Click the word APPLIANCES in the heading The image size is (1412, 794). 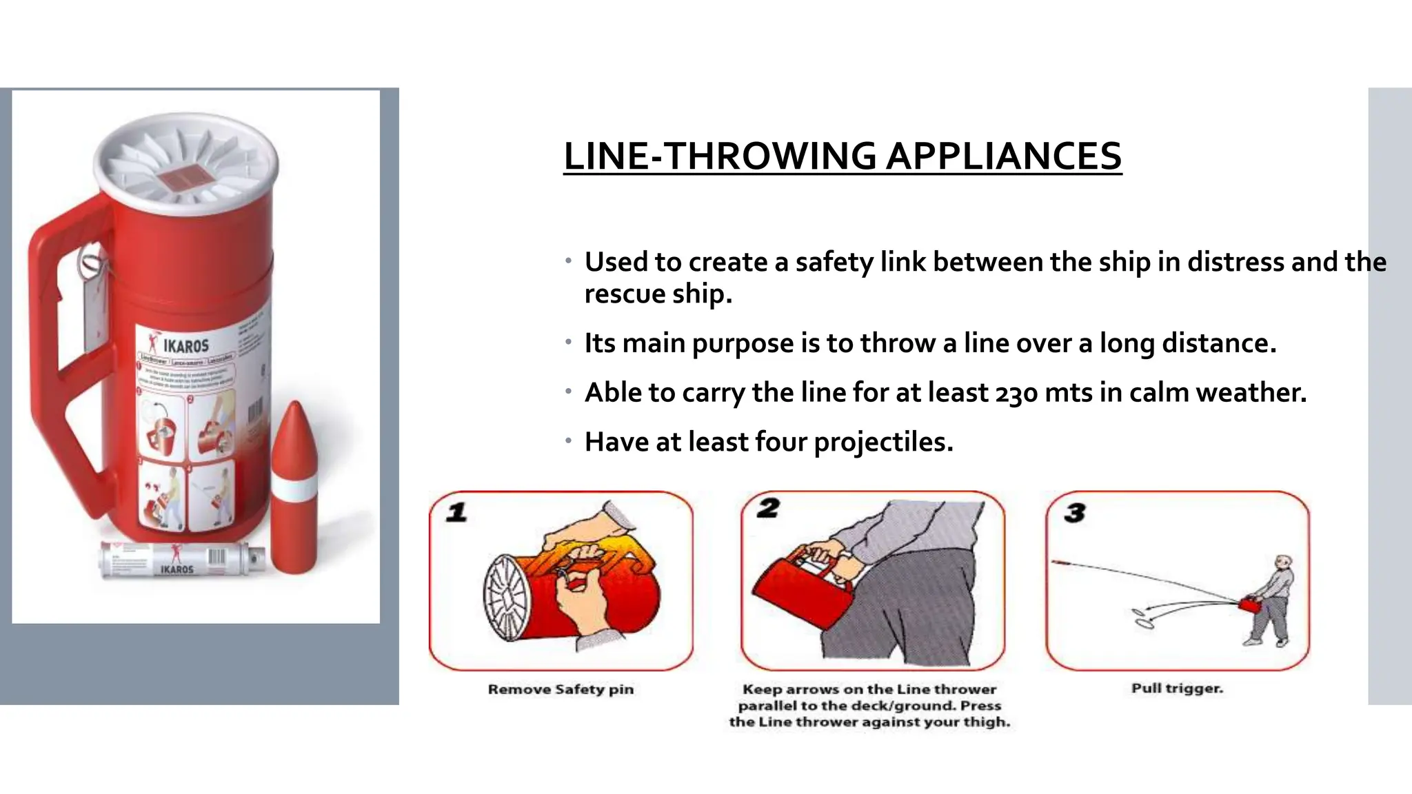point(1003,156)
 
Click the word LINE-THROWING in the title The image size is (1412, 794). point(720,156)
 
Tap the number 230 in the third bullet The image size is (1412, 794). point(1016,393)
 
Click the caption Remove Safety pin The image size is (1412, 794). point(561,689)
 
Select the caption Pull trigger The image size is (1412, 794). point(1177,688)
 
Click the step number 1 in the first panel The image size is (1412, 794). point(456,513)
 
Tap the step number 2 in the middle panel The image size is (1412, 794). point(767,509)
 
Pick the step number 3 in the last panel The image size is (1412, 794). point(1074,513)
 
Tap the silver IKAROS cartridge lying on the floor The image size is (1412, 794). point(181,560)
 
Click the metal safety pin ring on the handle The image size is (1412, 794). point(90,261)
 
